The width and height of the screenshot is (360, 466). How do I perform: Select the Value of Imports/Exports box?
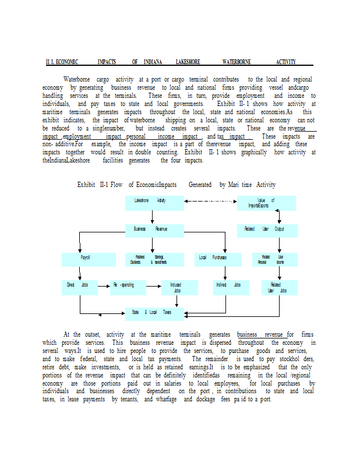pyautogui.click(x=266, y=203)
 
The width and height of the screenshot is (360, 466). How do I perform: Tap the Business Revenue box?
pyautogui.click(x=152, y=230)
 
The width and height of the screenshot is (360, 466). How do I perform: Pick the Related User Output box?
pyautogui.click(x=266, y=230)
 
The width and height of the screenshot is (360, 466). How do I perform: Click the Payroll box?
pyautogui.click(x=86, y=259)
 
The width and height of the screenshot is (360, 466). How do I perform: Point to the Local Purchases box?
pyautogui.click(x=212, y=259)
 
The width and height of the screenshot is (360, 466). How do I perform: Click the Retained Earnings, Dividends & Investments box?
pyautogui.click(x=152, y=259)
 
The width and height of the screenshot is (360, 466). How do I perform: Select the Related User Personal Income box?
pyautogui.click(x=273, y=259)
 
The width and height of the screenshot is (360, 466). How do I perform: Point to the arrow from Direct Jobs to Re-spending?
pyautogui.click(x=104, y=286)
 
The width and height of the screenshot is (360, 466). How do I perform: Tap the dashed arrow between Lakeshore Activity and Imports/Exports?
pyautogui.click(x=210, y=202)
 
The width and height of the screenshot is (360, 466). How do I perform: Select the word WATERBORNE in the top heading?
pyautogui.click(x=235, y=62)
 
